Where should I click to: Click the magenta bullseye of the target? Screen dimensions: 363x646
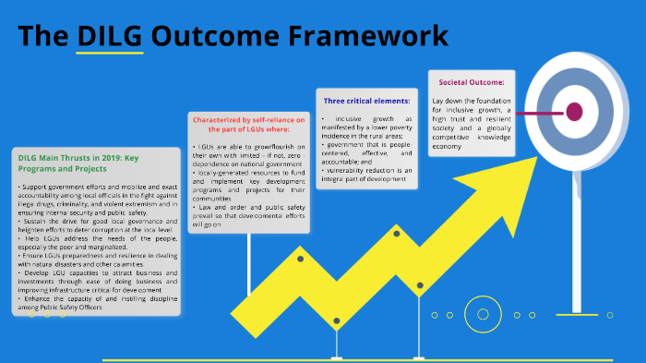coord(574,112)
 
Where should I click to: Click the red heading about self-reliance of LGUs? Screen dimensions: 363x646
coord(247,124)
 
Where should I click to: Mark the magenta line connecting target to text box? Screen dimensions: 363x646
coord(538,113)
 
